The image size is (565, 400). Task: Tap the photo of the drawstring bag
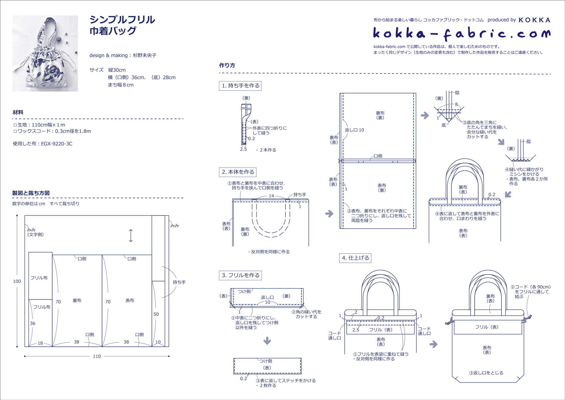pyautogui.click(x=45, y=53)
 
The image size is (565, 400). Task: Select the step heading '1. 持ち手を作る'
pyautogui.click(x=240, y=86)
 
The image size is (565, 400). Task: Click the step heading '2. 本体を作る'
pyautogui.click(x=238, y=172)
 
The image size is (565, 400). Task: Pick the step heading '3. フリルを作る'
pyautogui.click(x=240, y=275)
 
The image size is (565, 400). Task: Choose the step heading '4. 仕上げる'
pyautogui.click(x=355, y=258)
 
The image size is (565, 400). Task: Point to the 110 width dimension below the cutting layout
pyautogui.click(x=97, y=356)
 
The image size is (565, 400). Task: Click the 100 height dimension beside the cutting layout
pyautogui.click(x=17, y=281)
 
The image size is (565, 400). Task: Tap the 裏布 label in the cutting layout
pyautogui.click(x=77, y=300)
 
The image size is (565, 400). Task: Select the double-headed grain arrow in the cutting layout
pyautogui.click(x=131, y=236)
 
